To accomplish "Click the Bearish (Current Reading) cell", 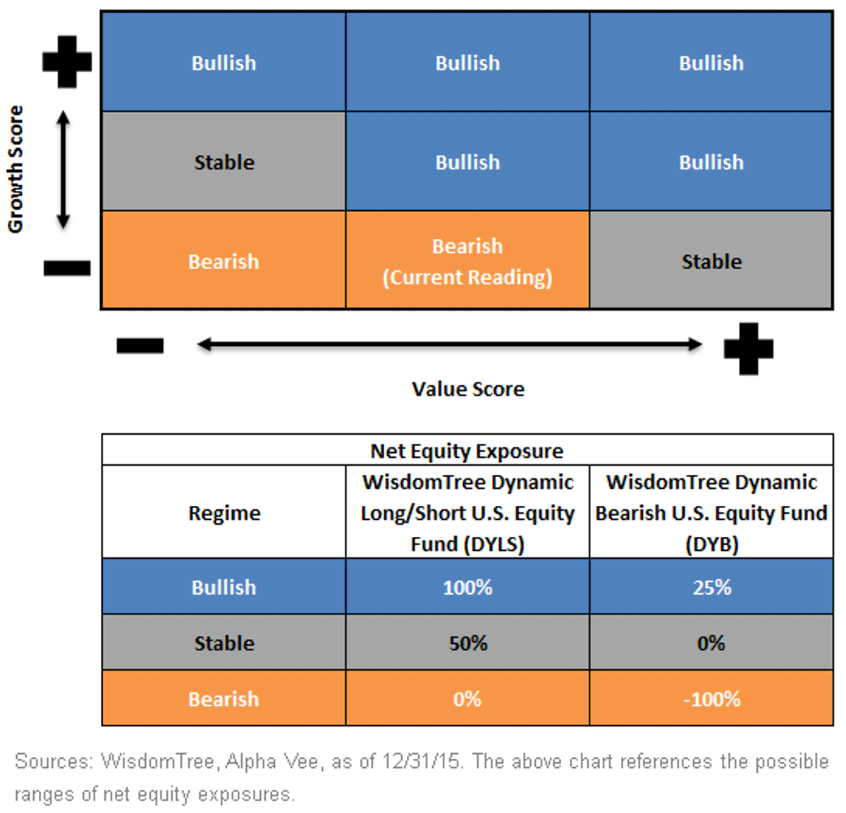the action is (x=467, y=261).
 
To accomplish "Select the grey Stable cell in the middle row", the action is (x=224, y=161).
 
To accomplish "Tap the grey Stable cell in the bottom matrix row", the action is (x=711, y=261).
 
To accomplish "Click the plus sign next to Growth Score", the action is (x=67, y=62).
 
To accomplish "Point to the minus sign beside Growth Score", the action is (x=67, y=268).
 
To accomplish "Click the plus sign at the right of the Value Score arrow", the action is (x=749, y=349).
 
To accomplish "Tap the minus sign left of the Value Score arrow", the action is (x=140, y=346).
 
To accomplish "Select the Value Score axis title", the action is (x=468, y=389).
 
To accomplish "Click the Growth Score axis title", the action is (x=16, y=169).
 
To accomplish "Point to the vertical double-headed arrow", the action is (x=63, y=170).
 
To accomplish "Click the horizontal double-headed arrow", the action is (x=450, y=345).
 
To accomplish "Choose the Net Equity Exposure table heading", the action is (x=467, y=451).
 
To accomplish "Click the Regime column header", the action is (x=224, y=513).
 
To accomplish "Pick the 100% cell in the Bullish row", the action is (x=467, y=587).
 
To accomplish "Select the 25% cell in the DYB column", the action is (x=711, y=587).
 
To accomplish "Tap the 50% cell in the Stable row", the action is (x=467, y=643).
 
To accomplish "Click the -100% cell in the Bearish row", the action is (x=711, y=699).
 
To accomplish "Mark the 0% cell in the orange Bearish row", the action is (x=467, y=699).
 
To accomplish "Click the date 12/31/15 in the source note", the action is (x=420, y=762).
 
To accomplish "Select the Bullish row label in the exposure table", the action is (x=224, y=587).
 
